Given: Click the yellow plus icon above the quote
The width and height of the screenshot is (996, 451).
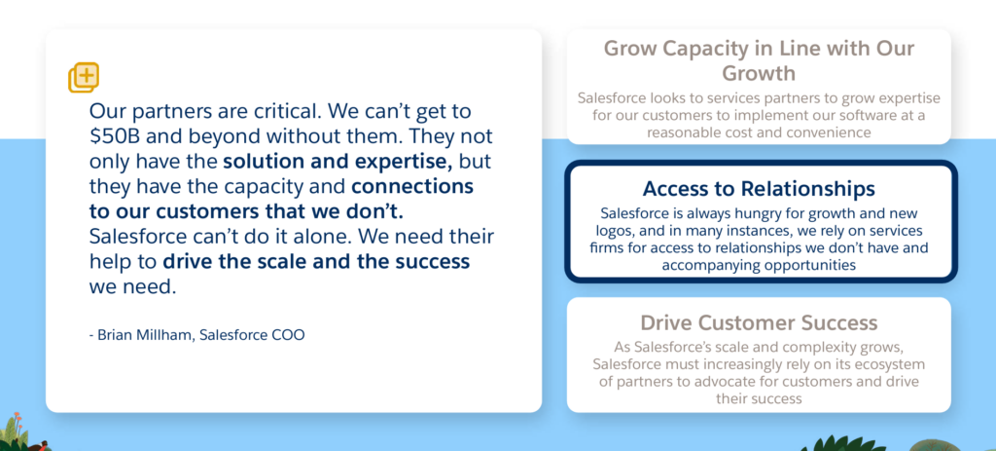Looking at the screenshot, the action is [84, 78].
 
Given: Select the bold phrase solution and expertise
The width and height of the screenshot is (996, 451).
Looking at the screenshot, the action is [338, 162].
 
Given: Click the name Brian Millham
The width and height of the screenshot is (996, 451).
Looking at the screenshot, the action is [146, 334].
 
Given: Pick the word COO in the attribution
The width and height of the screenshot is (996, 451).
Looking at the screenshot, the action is [289, 334].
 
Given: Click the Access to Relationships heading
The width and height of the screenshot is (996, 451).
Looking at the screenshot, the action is [759, 189].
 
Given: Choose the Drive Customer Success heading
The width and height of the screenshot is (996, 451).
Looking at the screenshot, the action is [759, 322].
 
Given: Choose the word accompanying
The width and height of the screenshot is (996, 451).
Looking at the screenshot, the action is [700, 265].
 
